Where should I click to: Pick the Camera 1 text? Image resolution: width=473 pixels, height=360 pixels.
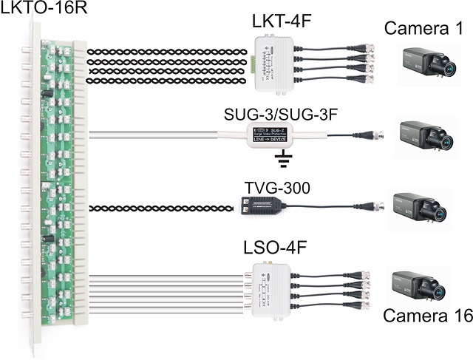tap(423, 30)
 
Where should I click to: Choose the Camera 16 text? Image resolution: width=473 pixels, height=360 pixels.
tap(423, 318)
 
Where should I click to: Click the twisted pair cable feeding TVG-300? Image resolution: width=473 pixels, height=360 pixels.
tap(163, 209)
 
